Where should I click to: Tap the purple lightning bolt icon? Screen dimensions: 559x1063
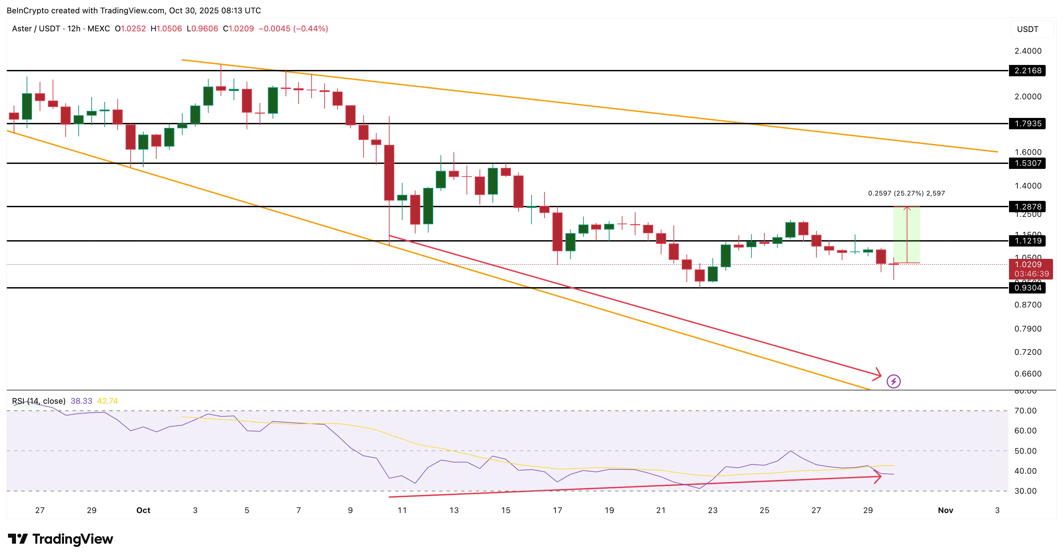tap(893, 381)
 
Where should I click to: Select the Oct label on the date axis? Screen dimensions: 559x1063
tap(143, 510)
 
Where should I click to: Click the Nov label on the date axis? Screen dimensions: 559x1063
tap(945, 510)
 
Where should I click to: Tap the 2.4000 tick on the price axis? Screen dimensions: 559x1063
tap(1028, 51)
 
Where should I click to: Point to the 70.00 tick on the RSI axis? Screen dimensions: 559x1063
tap(1025, 410)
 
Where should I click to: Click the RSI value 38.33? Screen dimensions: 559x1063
tap(81, 401)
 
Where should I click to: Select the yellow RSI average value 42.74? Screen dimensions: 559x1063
tap(107, 401)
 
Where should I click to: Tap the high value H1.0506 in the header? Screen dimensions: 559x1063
tap(166, 28)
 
